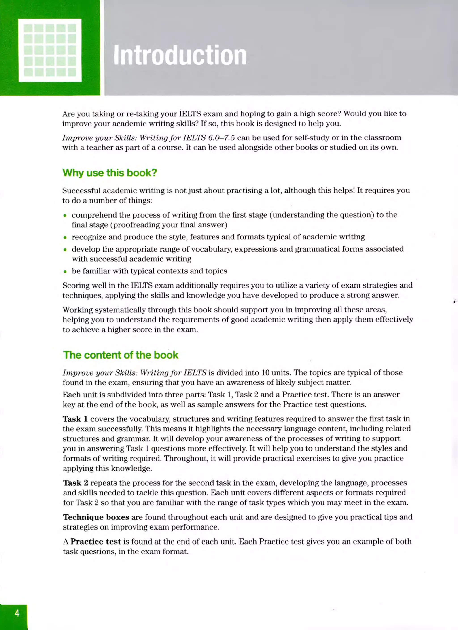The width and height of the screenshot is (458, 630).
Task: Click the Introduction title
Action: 180,55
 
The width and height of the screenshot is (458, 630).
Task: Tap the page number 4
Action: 17,613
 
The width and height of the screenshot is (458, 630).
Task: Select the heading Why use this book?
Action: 110,173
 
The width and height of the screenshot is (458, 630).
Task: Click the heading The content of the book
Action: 121,355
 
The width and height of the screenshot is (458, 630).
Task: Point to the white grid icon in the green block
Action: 50,50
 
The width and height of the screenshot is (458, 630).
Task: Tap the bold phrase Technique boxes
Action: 96,517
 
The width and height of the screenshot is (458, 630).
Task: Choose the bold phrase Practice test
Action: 96,541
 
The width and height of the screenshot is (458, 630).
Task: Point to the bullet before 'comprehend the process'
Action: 65,215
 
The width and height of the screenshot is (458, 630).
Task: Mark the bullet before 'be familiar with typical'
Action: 65,271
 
